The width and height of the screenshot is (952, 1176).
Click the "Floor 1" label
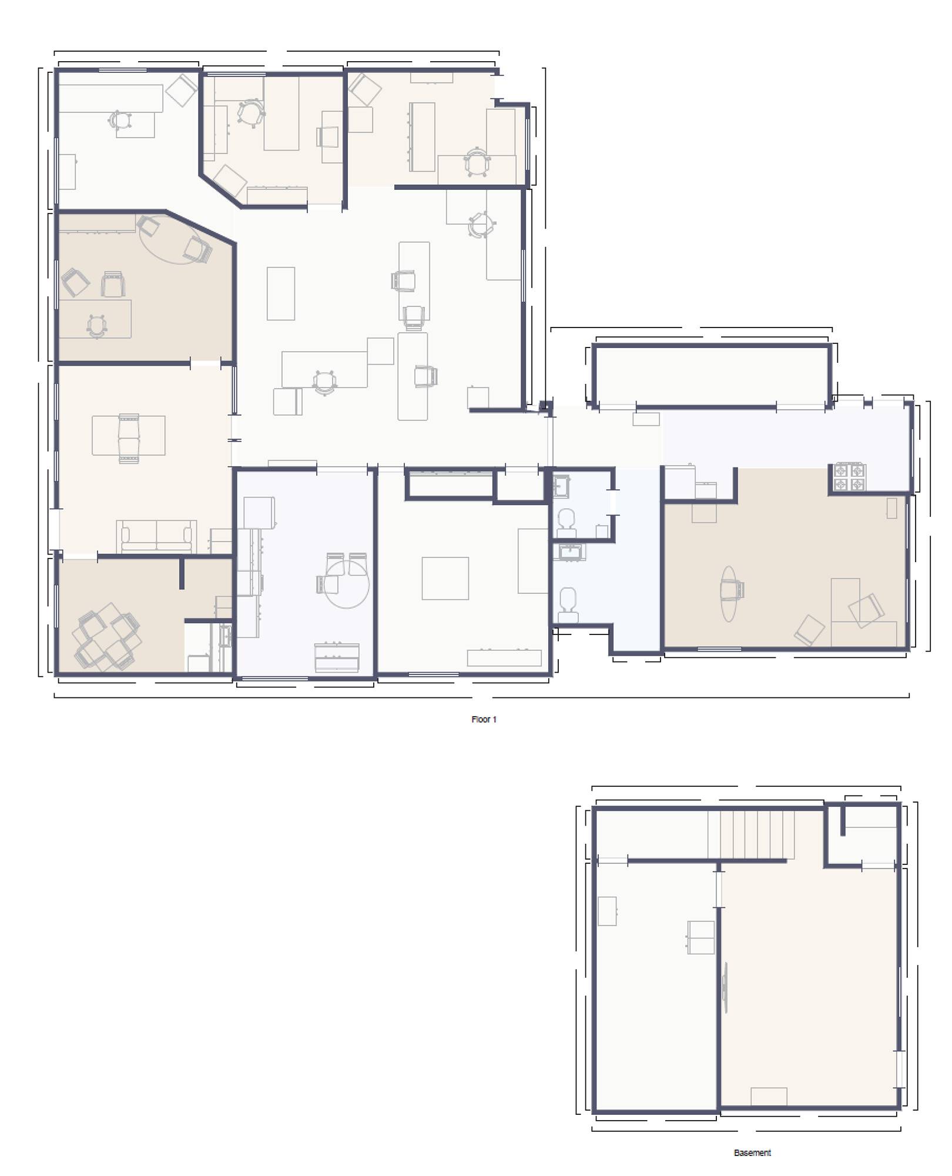click(484, 719)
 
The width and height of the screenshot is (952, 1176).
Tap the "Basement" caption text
click(752, 1152)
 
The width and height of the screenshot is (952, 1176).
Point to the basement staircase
click(750, 834)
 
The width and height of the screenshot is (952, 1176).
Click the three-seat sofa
click(156, 536)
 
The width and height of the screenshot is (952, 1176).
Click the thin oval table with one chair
click(729, 593)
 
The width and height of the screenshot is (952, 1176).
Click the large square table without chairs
click(445, 578)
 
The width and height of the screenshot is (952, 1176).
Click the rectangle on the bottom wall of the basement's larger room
click(769, 1097)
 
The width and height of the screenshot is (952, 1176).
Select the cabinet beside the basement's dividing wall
click(701, 937)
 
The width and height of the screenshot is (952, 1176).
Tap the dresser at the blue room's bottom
click(337, 657)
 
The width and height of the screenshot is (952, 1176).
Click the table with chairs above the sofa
click(129, 438)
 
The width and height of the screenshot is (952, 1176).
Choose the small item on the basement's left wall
click(607, 911)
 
